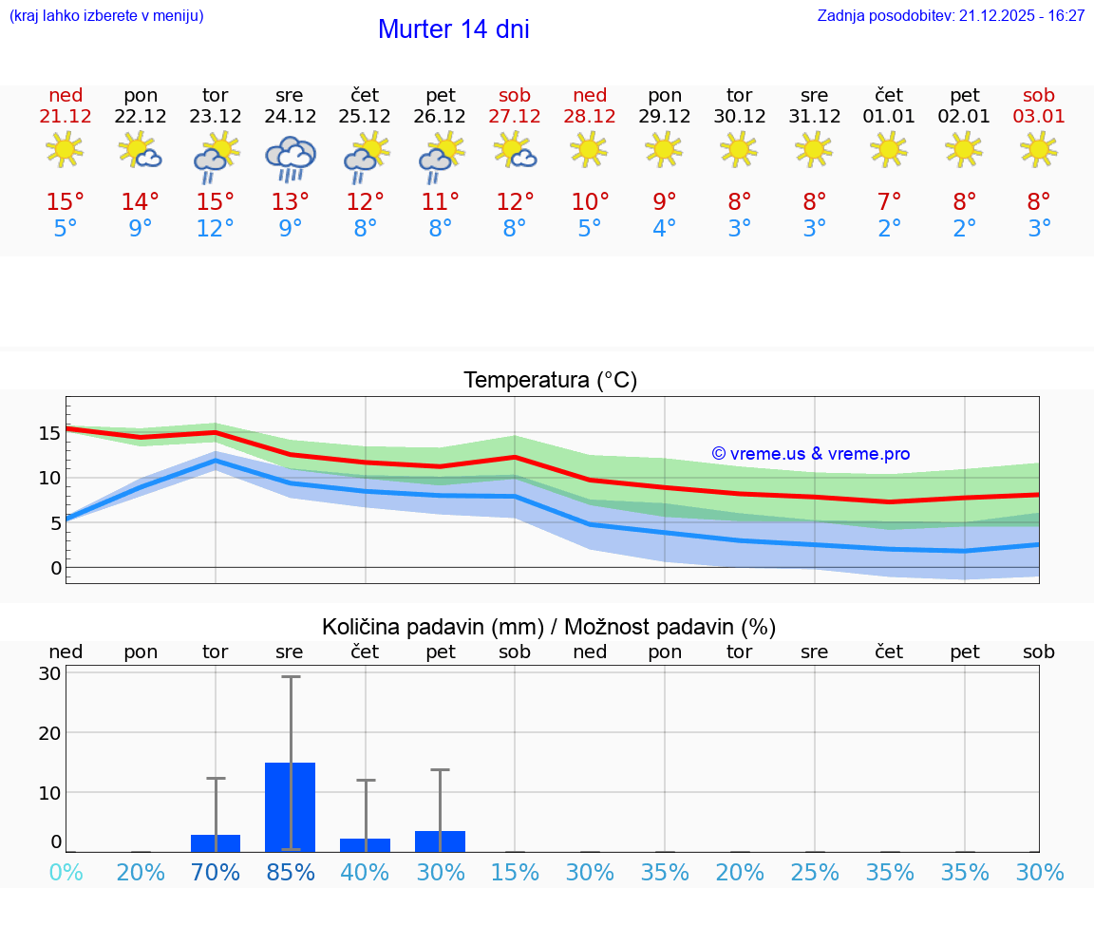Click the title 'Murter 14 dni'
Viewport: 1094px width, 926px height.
(x=453, y=29)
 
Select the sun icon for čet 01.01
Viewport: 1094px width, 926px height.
(x=889, y=149)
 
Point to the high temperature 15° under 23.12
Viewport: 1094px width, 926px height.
(x=216, y=202)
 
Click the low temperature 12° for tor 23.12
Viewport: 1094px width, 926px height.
(x=216, y=229)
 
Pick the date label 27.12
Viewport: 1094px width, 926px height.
(x=515, y=117)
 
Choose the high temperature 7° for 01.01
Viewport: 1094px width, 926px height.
(x=889, y=202)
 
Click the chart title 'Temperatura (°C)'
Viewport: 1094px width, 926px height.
(x=550, y=381)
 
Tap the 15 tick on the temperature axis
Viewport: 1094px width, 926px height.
(x=49, y=433)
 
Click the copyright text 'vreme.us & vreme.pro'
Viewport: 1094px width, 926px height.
(x=810, y=454)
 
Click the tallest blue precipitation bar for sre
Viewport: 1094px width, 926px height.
(x=290, y=807)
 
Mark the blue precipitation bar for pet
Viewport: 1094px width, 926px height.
(x=440, y=841)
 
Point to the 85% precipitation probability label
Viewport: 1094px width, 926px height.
(x=290, y=873)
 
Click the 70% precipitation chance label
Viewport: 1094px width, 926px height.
(x=216, y=873)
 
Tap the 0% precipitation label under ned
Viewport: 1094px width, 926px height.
(x=66, y=873)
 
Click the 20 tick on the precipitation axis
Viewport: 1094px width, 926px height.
(x=49, y=733)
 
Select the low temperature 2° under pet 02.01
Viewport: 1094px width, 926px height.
(x=964, y=229)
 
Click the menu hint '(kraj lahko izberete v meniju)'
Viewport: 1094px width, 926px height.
(x=106, y=16)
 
